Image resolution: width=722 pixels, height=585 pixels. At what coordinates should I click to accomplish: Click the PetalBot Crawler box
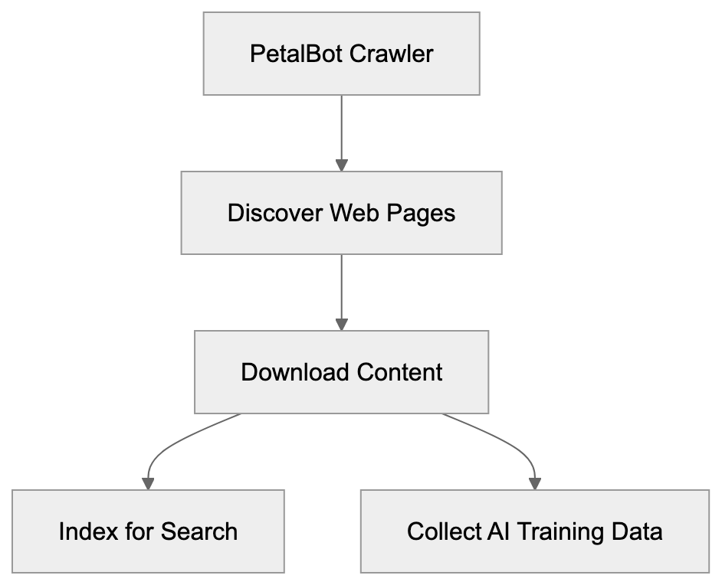[x=341, y=54]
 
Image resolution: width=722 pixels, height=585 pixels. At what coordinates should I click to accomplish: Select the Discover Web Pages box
[x=341, y=213]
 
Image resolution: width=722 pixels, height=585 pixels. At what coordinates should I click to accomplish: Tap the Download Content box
[x=341, y=372]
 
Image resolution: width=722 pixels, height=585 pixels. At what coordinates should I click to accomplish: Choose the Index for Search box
[x=148, y=531]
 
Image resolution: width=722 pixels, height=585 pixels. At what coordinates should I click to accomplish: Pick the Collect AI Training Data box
[x=534, y=531]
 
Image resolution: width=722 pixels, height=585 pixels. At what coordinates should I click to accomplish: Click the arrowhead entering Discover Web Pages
[x=341, y=165]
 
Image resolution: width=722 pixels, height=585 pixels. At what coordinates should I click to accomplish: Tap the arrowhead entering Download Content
[x=341, y=325]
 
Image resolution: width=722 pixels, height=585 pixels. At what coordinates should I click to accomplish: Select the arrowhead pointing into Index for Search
[x=148, y=484]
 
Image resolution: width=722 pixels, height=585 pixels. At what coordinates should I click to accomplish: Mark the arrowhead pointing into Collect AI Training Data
[x=534, y=484]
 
